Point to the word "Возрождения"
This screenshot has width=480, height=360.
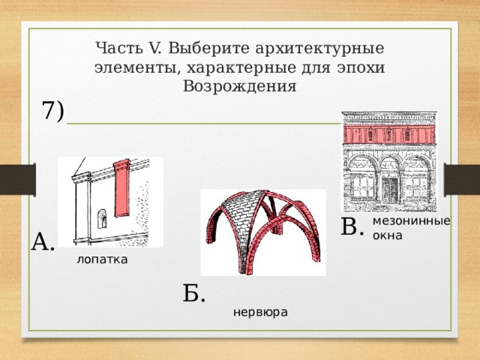pyautogui.click(x=239, y=85)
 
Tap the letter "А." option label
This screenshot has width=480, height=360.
pyautogui.click(x=43, y=241)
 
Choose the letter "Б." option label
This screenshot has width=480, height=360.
pyautogui.click(x=193, y=293)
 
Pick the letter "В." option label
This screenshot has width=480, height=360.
pyautogui.click(x=352, y=226)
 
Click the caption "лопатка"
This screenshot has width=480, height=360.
pyautogui.click(x=102, y=259)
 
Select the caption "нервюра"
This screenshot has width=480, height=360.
pyautogui.click(x=260, y=310)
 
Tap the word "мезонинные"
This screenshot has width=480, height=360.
pyautogui.click(x=411, y=221)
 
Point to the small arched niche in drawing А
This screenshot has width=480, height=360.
pyautogui.click(x=102, y=220)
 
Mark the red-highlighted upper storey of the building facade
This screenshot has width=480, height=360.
pyautogui.click(x=388, y=133)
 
